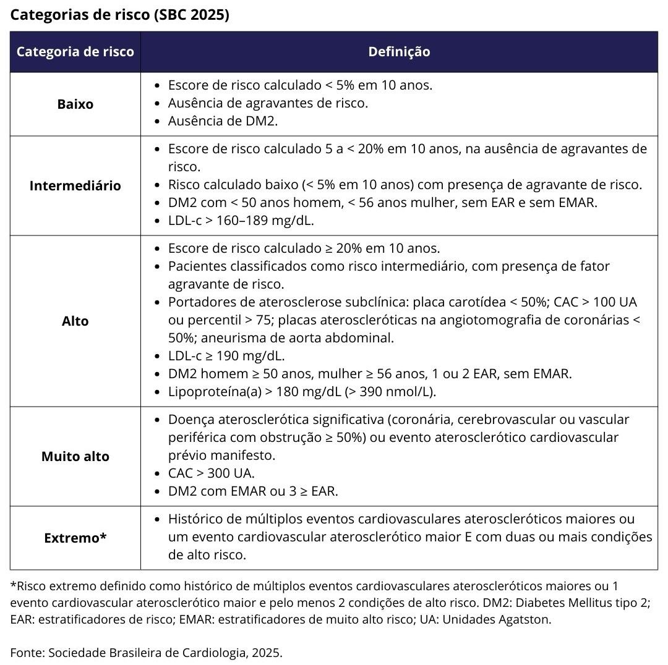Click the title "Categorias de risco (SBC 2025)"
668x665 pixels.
pyautogui.click(x=119, y=15)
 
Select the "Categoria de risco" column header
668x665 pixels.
pyautogui.click(x=75, y=51)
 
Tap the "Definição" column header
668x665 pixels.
pyautogui.click(x=399, y=51)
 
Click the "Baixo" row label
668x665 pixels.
pyautogui.click(x=75, y=104)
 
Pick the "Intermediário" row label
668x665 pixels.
pyautogui.click(x=75, y=185)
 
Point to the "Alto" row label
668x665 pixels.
pyautogui.click(x=75, y=321)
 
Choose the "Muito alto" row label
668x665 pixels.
pyautogui.click(x=75, y=456)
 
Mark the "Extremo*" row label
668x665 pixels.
pyautogui.click(x=75, y=538)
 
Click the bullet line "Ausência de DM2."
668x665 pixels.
pyautogui.click(x=223, y=121)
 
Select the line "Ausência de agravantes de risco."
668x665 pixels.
pyautogui.click(x=268, y=103)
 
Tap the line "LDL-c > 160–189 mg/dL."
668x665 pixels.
pyautogui.click(x=245, y=220)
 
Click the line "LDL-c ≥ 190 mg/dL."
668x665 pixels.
pyautogui.click(x=226, y=355)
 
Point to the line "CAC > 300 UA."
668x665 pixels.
pyautogui.click(x=212, y=473)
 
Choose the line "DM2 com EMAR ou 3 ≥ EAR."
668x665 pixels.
pyautogui.click(x=253, y=491)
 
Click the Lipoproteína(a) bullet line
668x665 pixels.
pyautogui.click(x=302, y=391)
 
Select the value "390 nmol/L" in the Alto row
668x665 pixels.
pyautogui.click(x=401, y=391)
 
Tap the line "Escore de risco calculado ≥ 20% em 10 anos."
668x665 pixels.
pyautogui.click(x=304, y=248)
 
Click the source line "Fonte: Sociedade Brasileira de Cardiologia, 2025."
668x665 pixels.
pyautogui.click(x=147, y=652)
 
